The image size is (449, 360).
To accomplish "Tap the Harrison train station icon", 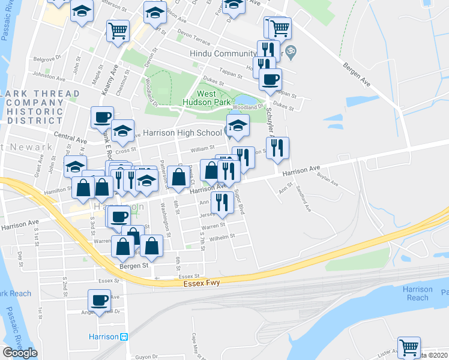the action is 124,337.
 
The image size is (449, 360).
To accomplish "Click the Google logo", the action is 20,353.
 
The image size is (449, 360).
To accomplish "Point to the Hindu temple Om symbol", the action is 291,50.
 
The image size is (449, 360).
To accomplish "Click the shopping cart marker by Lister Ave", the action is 409,347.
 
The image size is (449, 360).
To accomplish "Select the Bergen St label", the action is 136,265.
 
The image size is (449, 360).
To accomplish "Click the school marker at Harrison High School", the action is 238,125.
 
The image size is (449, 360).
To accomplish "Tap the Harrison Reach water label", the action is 417,293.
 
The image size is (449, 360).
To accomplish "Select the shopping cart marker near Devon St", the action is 118,31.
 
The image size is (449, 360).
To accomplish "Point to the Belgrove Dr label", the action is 48,59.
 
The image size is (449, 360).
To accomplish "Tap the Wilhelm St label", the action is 221,237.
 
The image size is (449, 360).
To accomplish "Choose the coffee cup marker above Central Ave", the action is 103,117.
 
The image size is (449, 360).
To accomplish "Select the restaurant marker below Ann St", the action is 223,203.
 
